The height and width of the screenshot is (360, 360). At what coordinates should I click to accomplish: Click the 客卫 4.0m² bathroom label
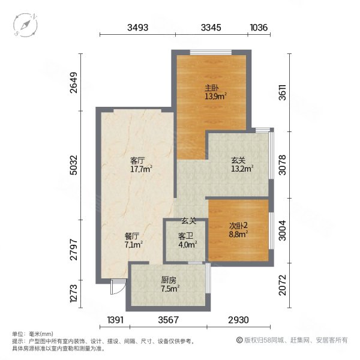tap(185, 240)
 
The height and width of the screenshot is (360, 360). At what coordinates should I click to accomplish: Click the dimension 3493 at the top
tap(138, 27)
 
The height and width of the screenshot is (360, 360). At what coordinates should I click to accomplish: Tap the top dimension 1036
tap(259, 27)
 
